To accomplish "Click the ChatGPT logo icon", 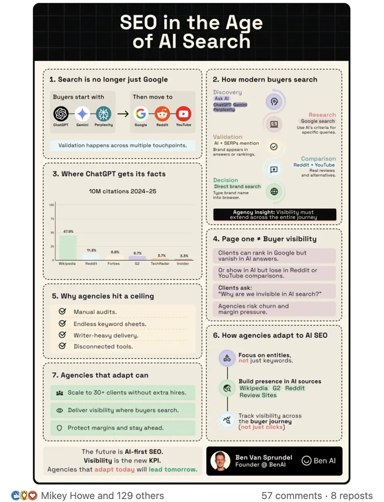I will pyautogui.click(x=61, y=114).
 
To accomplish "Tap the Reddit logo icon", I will pyautogui.click(x=162, y=114).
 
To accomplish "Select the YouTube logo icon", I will pyautogui.click(x=183, y=114).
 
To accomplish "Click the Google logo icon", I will pyautogui.click(x=141, y=114).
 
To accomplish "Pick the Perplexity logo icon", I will pyautogui.click(x=104, y=114).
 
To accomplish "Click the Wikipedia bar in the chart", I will pyautogui.click(x=68, y=247).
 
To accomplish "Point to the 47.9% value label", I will pyautogui.click(x=68, y=231).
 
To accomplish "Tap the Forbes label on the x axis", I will pyautogui.click(x=114, y=263).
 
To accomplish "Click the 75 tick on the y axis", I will pyautogui.click(x=52, y=219).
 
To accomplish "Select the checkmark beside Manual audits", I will pyautogui.click(x=63, y=311).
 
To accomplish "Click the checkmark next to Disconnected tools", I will pyautogui.click(x=63, y=346).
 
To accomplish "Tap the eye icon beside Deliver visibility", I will pyautogui.click(x=60, y=410).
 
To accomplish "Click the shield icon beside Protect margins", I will pyautogui.click(x=59, y=428).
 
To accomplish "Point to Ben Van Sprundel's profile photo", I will pyautogui.click(x=220, y=461).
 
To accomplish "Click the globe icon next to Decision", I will pyautogui.click(x=274, y=192).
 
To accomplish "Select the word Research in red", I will pyautogui.click(x=322, y=115).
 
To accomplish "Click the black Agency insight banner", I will pyautogui.click(x=274, y=214).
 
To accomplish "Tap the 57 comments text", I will pyautogui.click(x=291, y=496).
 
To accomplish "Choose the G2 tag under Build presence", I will pyautogui.click(x=276, y=388).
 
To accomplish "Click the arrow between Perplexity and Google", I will pyautogui.click(x=123, y=114).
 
